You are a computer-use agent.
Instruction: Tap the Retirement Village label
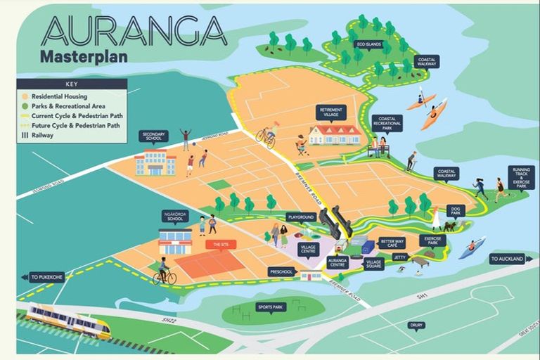330,112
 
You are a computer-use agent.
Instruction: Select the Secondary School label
155,135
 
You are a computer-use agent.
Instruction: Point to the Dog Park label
456,210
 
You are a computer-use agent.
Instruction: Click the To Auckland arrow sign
508,259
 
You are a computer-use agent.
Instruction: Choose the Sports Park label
271,307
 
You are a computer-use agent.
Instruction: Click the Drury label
416,325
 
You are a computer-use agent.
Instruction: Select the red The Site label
221,244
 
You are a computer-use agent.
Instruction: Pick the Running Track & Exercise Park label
522,177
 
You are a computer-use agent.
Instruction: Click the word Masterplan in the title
84,57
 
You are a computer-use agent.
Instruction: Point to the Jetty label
400,257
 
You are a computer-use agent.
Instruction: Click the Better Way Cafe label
392,243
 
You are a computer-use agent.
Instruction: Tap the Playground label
300,217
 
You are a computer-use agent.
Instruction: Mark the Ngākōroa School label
175,216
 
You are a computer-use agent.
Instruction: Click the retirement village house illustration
335,134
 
